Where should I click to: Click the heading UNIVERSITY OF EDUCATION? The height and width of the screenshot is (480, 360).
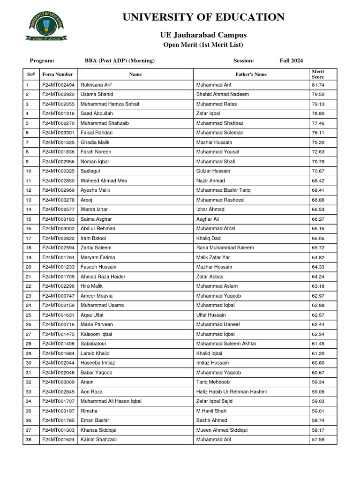(203, 18)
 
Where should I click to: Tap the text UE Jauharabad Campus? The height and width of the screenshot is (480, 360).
(203, 35)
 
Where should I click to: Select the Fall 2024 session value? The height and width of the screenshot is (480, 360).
(291, 60)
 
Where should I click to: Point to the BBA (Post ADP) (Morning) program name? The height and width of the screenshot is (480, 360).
(120, 60)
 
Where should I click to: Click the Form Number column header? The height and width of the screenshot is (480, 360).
(58, 74)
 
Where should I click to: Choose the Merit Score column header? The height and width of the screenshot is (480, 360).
(318, 74)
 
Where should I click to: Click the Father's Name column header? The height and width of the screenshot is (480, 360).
(251, 74)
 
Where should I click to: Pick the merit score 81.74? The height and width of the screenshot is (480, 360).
(318, 85)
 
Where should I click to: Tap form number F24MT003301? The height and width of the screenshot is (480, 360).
(58, 133)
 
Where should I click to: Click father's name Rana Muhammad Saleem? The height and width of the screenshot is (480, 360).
(225, 247)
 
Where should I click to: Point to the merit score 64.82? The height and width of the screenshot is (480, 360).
(318, 257)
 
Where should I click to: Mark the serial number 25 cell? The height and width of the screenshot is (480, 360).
(29, 315)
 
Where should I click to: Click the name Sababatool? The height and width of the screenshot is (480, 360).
(94, 344)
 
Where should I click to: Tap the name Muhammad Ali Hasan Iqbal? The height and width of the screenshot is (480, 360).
(111, 401)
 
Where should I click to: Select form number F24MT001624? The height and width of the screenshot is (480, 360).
(58, 440)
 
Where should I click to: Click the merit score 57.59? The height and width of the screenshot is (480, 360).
(318, 440)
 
